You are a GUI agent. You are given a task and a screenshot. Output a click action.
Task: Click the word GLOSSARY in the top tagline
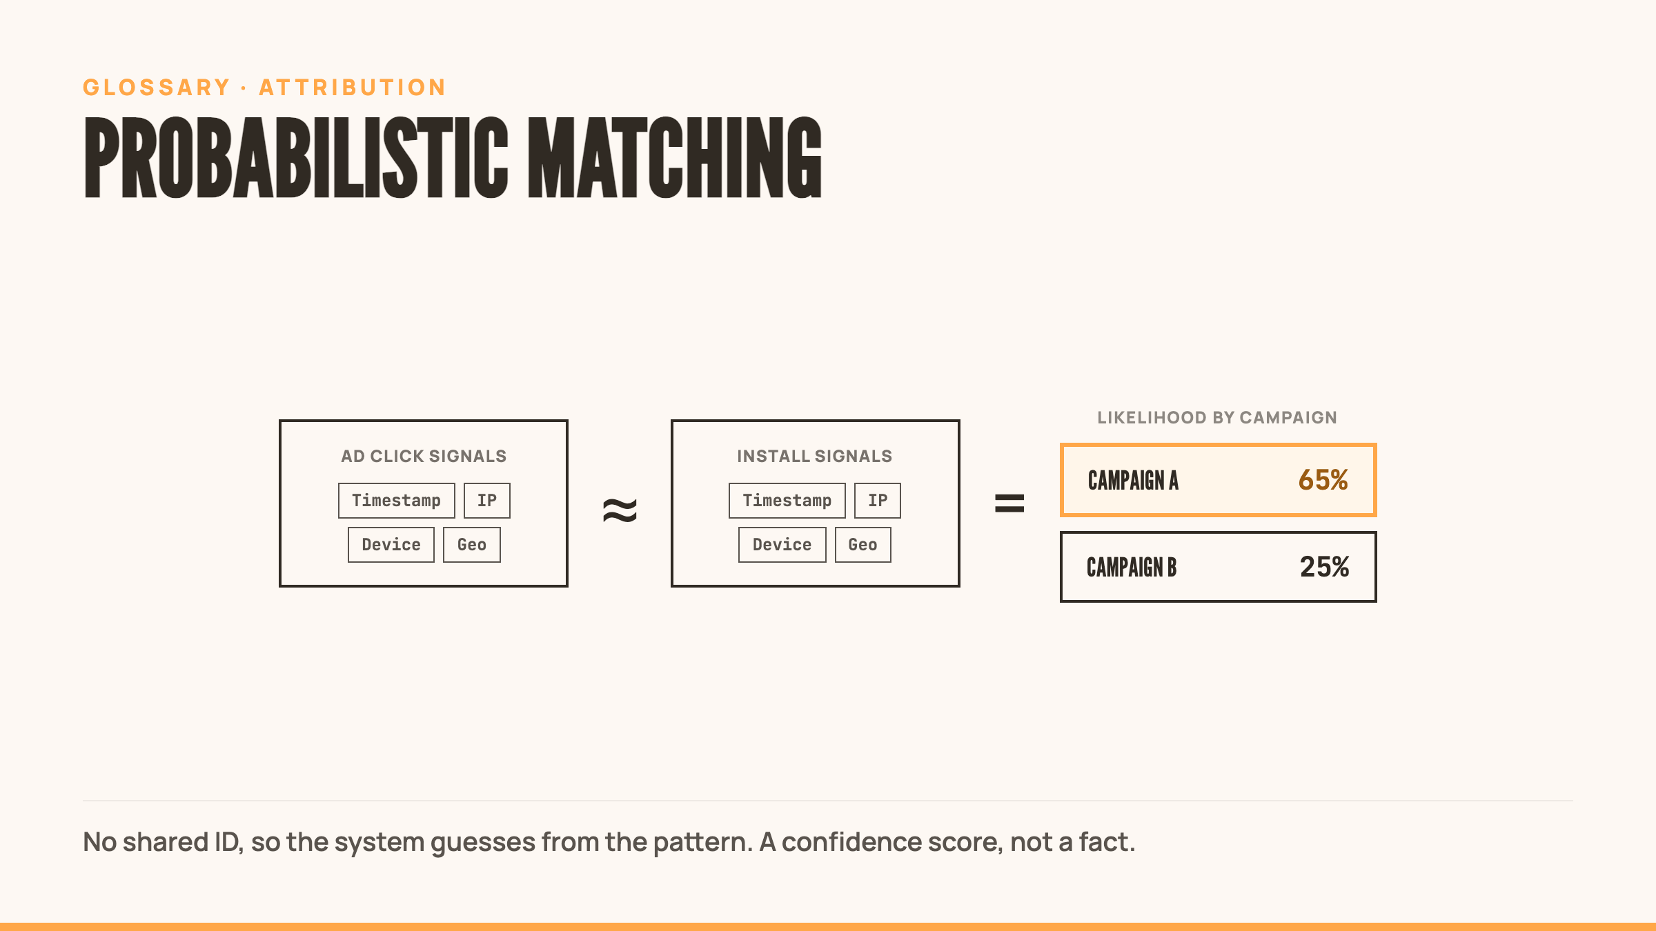[157, 88]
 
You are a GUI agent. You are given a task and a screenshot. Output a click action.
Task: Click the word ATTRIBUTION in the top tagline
[353, 88]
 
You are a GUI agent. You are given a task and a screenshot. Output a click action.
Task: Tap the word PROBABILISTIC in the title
[296, 157]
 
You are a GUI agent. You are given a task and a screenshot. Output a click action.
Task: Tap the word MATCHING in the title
[675, 157]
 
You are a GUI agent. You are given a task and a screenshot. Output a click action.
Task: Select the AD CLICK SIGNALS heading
[424, 456]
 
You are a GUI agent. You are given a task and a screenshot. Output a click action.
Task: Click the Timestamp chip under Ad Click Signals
[397, 501]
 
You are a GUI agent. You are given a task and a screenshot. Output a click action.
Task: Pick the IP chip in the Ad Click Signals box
[487, 501]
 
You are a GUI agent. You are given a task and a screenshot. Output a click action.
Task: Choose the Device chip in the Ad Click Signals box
[391, 545]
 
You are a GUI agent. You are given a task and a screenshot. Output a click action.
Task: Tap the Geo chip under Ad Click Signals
[472, 545]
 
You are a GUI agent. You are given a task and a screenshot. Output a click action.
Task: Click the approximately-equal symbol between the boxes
[620, 510]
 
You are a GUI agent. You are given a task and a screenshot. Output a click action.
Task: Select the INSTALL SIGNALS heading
[815, 456]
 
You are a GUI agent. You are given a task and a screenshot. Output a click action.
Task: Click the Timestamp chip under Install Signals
[787, 501]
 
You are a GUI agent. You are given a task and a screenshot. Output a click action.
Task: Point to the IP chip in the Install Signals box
[878, 501]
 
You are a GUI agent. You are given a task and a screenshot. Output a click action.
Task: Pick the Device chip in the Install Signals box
[782, 545]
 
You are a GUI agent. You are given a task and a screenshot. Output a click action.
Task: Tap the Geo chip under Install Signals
[863, 545]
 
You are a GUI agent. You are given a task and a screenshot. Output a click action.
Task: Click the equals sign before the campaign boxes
[1009, 503]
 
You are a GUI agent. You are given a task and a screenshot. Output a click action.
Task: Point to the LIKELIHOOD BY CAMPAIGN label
[1217, 417]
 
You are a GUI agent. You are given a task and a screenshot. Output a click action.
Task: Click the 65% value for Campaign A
[1323, 480]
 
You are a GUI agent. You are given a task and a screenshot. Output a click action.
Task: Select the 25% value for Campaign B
[1325, 567]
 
